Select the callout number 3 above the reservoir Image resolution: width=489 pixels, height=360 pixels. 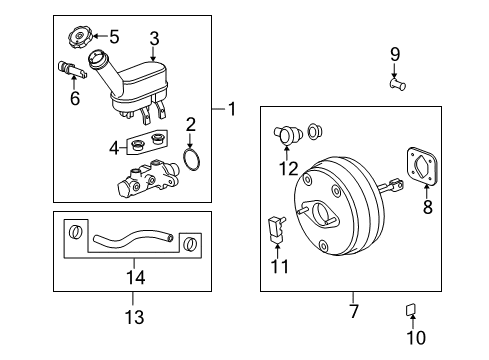tap(155, 39)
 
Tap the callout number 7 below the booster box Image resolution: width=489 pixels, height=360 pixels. tap(352, 298)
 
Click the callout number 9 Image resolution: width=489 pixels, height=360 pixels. tap(394, 53)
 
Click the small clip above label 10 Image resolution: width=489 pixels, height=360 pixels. tap(411, 307)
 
